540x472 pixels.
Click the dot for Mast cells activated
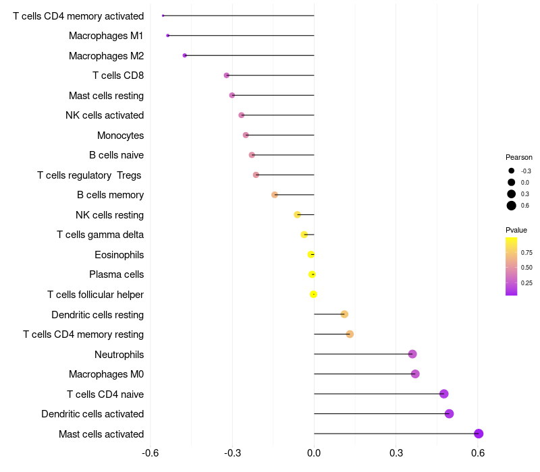point(479,434)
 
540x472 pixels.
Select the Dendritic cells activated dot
point(449,414)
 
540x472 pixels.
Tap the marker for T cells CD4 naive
point(443,394)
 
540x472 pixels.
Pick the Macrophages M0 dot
point(415,374)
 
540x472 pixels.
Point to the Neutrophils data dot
point(412,354)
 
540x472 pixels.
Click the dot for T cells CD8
point(227,76)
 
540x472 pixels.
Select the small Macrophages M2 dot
point(185,55)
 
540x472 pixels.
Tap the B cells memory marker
point(275,195)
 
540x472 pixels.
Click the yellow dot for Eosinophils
point(311,254)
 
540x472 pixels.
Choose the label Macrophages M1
point(106,36)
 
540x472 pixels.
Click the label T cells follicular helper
point(95,295)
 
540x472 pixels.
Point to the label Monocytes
point(120,136)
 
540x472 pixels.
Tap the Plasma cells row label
point(116,274)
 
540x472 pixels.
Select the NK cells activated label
point(105,115)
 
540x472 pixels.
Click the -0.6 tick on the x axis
point(151,452)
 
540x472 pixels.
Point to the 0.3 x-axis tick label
point(396,452)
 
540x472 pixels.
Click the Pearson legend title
point(519,157)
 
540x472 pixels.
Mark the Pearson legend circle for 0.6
point(512,206)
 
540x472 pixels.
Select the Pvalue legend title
point(516,230)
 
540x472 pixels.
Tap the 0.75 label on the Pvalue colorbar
point(526,253)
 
